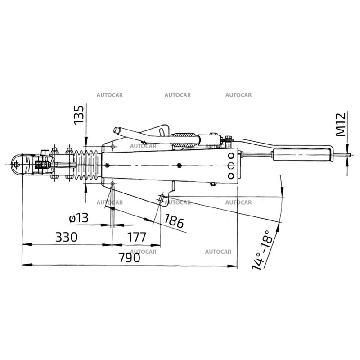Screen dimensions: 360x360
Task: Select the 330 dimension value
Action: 66,237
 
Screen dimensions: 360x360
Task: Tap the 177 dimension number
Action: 136,237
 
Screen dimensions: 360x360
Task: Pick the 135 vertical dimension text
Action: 79,115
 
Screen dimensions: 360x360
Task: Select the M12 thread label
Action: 341,124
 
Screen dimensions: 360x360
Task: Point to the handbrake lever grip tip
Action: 117,130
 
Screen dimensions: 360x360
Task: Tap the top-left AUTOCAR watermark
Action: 110,95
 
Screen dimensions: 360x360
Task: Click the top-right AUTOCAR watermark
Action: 238,95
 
